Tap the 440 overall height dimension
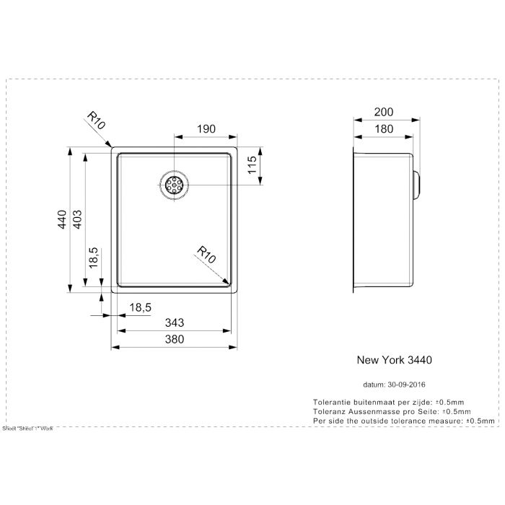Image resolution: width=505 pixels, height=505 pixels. (63, 219)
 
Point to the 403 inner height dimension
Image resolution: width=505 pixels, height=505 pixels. (79, 219)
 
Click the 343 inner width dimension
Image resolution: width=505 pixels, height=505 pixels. (174, 324)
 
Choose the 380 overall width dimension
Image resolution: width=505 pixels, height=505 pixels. (174, 340)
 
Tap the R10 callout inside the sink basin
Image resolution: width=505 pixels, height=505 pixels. (206, 254)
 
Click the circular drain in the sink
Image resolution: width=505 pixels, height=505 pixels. (174, 185)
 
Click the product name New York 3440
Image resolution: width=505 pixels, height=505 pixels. (395, 358)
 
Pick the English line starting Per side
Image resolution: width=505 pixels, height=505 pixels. (403, 420)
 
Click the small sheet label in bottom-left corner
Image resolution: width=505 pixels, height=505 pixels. (28, 428)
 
